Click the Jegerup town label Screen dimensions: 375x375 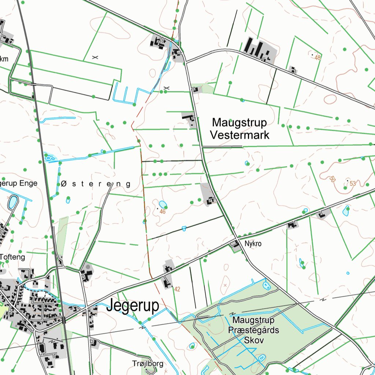click(133, 306)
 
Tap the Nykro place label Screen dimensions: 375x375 click(253, 244)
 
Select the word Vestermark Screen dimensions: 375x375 click(240, 135)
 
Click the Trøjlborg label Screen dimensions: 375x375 click(148, 364)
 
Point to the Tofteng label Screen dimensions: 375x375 click(13, 257)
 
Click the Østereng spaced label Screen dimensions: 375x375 click(96, 184)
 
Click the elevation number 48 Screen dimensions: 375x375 click(317, 58)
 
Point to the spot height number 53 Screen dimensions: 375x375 click(352, 183)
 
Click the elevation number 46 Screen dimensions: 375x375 click(163, 212)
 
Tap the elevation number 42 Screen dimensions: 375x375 click(177, 289)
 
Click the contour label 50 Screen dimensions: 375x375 click(332, 179)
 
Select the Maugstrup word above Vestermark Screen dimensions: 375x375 click(240, 122)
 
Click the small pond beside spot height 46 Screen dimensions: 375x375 click(163, 204)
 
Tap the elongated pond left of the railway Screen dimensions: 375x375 click(13, 202)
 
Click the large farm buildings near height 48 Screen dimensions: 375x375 click(259, 49)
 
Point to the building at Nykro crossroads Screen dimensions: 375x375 click(233, 244)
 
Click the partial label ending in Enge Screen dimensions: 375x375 click(18, 183)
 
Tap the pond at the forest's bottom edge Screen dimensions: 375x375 click(261, 357)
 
